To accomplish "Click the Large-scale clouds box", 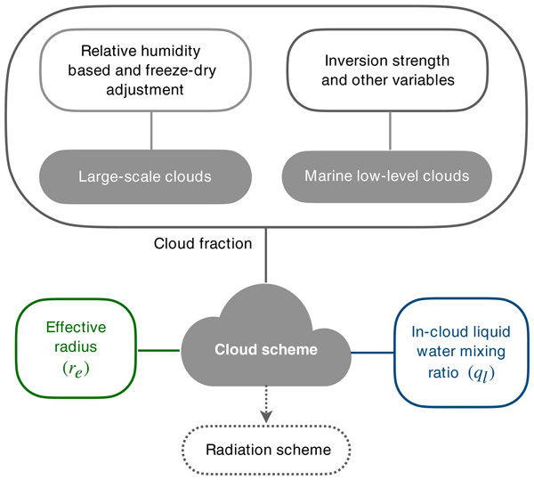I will coord(152,176).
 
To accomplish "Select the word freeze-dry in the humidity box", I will coord(182,72).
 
